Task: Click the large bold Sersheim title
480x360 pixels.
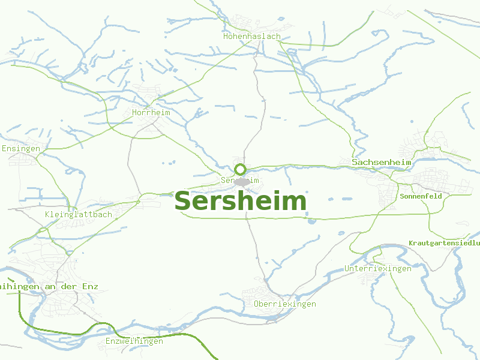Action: pyautogui.click(x=240, y=201)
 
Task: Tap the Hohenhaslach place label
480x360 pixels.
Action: pyautogui.click(x=252, y=37)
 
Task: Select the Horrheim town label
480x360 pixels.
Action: pyautogui.click(x=151, y=113)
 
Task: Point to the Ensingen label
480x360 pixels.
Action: pyautogui.click(x=21, y=148)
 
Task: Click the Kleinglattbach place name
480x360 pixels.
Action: pyautogui.click(x=79, y=214)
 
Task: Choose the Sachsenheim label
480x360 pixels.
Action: pyautogui.click(x=382, y=163)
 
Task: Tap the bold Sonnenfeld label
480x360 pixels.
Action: pyautogui.click(x=421, y=196)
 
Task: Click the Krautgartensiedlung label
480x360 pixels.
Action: pyautogui.click(x=444, y=243)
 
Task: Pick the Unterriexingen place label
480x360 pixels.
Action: pyautogui.click(x=378, y=268)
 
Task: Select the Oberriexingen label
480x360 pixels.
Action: pyautogui.click(x=285, y=304)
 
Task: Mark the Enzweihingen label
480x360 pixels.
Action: pyautogui.click(x=134, y=341)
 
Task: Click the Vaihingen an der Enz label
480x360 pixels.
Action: pyautogui.click(x=48, y=287)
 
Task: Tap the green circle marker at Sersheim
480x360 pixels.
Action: pyautogui.click(x=240, y=169)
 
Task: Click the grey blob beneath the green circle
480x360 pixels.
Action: pyautogui.click(x=242, y=182)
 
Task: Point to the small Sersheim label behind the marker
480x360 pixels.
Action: pyautogui.click(x=227, y=180)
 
